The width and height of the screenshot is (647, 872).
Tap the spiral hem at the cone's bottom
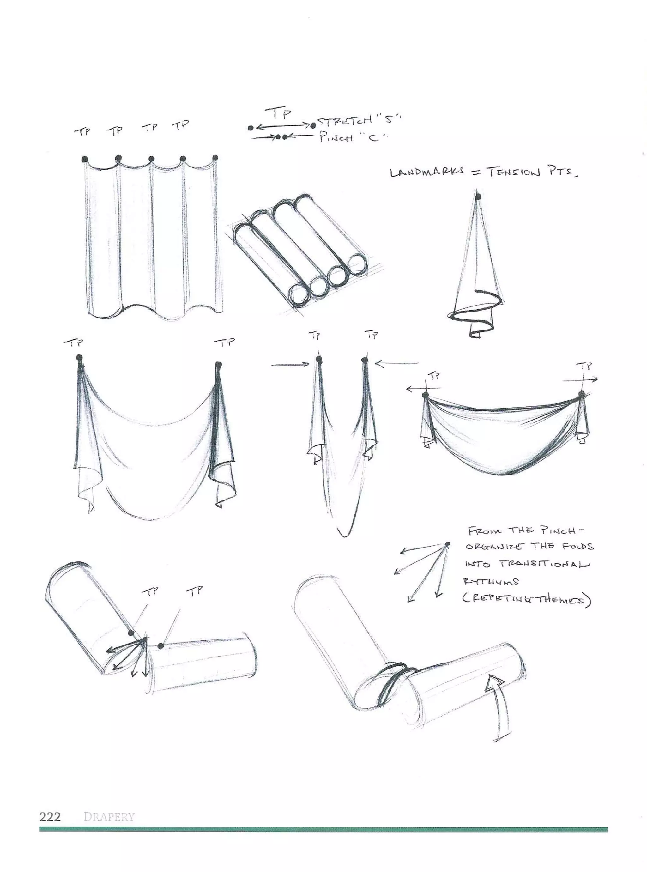coord(476,313)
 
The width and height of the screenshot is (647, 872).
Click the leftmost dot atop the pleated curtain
coord(85,159)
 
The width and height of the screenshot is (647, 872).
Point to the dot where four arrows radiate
coord(448,544)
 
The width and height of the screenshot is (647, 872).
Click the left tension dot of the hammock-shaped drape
coord(426,395)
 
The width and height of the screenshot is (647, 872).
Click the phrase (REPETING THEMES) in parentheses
coord(527,600)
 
